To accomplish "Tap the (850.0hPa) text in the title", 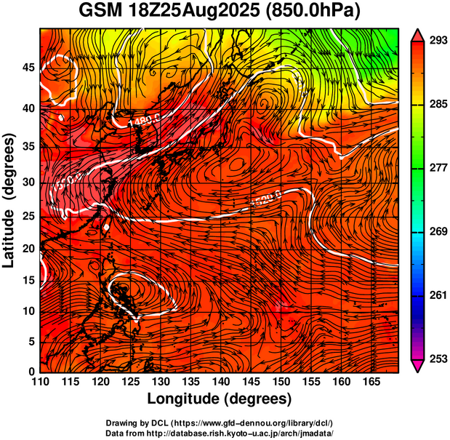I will [x=318, y=12].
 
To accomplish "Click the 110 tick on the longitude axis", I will [x=40, y=382].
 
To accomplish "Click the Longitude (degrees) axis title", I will [x=220, y=399].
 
